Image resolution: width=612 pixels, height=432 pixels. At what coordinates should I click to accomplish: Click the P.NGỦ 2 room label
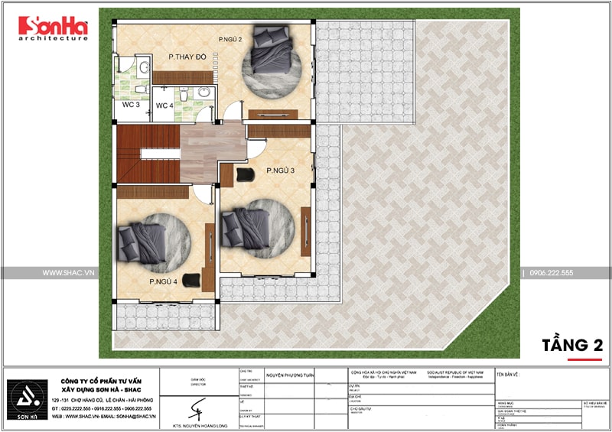point(230,39)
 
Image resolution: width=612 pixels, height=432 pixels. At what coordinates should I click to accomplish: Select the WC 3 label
point(131,106)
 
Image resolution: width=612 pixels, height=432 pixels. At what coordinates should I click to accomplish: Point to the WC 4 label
point(164,106)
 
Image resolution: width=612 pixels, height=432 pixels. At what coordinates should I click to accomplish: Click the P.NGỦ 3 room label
point(281,171)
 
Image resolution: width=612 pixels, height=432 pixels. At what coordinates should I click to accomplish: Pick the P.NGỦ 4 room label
point(163,282)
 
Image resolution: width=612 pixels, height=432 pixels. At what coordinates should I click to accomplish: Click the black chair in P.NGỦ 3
point(246,175)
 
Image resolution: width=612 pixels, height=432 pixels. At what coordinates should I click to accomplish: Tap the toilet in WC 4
point(202,112)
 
